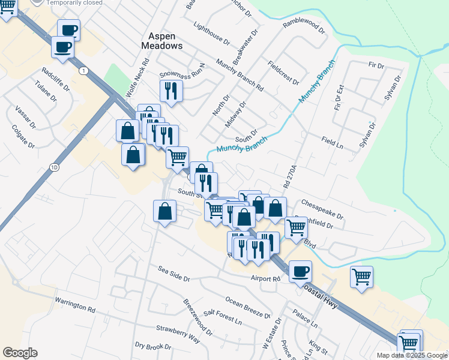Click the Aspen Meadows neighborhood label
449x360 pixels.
pos(161,40)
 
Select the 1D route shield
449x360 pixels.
pos(55,167)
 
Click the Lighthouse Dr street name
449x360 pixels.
pos(212,34)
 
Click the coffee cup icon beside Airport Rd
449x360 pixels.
pos(300,271)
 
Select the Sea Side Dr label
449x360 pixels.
pos(174,278)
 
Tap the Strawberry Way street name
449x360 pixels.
pos(178,333)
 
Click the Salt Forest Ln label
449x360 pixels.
pos(222,317)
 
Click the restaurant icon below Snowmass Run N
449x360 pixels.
pos(171,91)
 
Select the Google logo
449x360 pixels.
pos(20,353)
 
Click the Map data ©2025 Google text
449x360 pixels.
pos(412,355)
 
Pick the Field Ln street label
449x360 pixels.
pos(331,142)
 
